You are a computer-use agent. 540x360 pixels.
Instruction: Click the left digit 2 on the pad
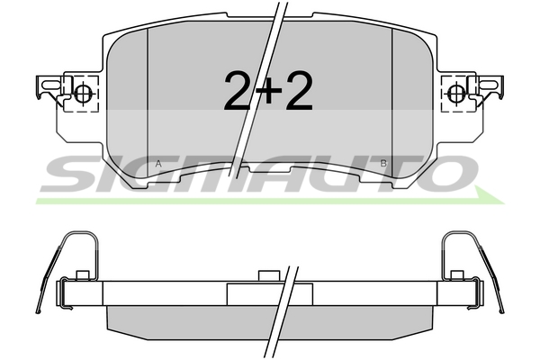[x=238, y=91]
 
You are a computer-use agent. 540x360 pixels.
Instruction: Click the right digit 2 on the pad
[x=298, y=91]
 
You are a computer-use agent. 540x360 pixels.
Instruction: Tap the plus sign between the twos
[x=268, y=90]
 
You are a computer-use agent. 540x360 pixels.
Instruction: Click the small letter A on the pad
[x=158, y=164]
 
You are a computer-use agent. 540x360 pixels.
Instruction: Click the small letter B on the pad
[x=383, y=164]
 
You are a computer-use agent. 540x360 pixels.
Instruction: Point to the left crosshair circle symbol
[x=83, y=93]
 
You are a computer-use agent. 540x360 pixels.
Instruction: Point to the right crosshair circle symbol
[x=456, y=93]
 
